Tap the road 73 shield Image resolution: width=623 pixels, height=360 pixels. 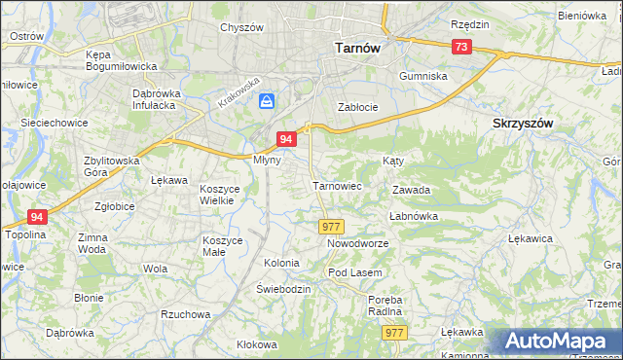[x=461, y=47]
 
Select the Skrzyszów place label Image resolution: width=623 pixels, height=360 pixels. [x=523, y=124]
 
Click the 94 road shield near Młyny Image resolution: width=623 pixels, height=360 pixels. [x=286, y=140]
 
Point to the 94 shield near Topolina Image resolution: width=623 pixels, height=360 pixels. [x=37, y=217]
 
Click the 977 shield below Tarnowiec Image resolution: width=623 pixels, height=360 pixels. [x=330, y=226]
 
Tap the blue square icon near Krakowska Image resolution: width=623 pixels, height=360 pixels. [x=267, y=100]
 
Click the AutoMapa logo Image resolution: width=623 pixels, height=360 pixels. [x=562, y=341]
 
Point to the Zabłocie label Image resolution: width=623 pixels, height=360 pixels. [x=356, y=107]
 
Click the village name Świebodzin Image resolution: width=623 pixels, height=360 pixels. [x=283, y=289]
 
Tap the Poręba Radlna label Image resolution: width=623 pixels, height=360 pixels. [x=385, y=306]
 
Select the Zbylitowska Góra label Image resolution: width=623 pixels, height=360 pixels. [x=112, y=166]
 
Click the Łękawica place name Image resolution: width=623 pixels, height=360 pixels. [x=531, y=237]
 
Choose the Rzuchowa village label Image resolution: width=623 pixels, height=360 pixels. [x=186, y=314]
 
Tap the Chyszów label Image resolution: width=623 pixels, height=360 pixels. [x=242, y=27]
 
